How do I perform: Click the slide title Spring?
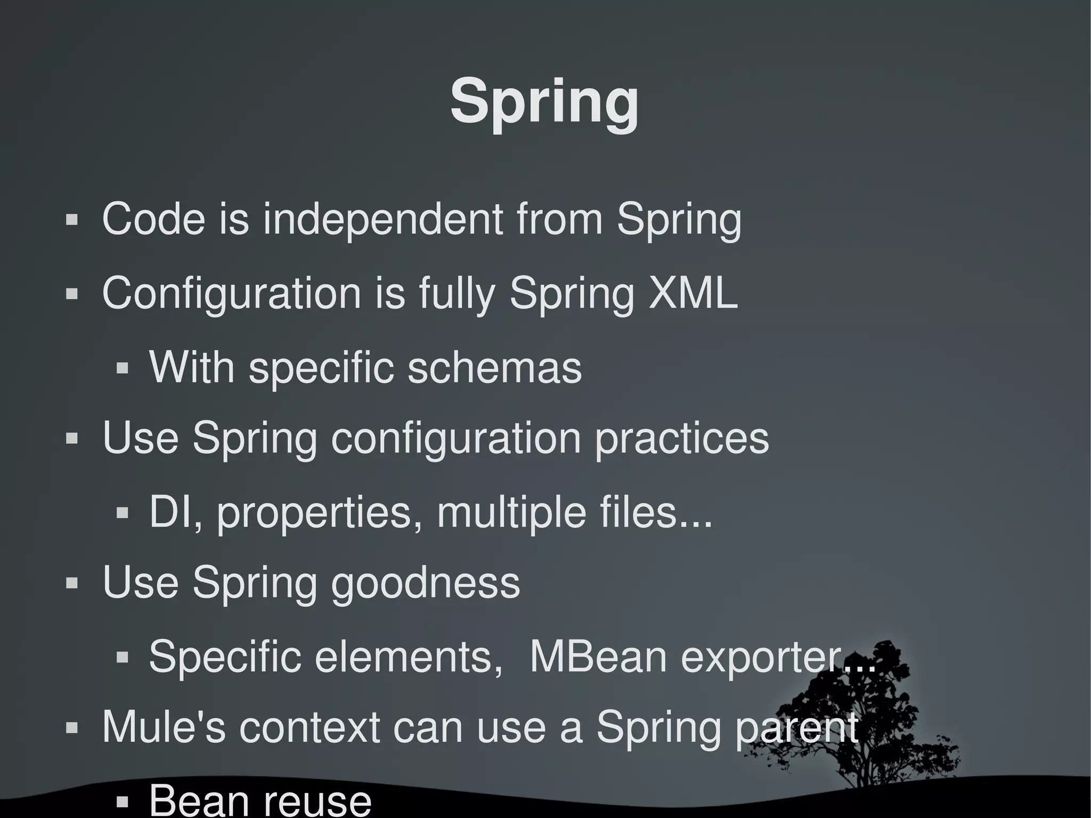tap(544, 101)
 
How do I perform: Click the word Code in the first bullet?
tap(153, 218)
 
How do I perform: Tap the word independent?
tap(382, 220)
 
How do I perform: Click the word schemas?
tap(494, 368)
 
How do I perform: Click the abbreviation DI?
tap(170, 512)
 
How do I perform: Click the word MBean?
tap(598, 656)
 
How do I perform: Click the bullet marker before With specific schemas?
tap(123, 368)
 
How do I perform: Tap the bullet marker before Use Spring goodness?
tap(72, 582)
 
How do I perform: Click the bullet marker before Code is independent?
tap(72, 219)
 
